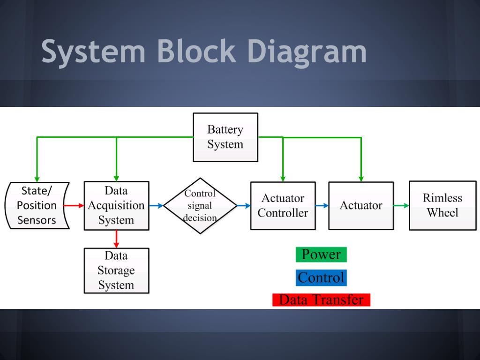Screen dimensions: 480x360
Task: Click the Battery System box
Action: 225,137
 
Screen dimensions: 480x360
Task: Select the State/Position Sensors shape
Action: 37,205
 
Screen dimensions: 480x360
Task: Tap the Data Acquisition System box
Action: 116,205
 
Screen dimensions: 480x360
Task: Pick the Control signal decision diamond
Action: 200,206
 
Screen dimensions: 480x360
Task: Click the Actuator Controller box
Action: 283,206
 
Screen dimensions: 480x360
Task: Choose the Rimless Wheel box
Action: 442,205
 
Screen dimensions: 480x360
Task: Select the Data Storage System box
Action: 116,270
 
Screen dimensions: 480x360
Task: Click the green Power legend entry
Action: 321,255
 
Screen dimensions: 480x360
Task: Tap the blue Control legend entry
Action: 321,277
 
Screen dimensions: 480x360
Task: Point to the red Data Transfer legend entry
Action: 321,300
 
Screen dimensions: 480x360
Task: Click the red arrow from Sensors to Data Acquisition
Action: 74,205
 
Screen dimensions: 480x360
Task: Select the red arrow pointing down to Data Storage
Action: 116,239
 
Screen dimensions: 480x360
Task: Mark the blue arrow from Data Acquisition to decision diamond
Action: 157,205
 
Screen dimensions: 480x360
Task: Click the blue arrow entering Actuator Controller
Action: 244,205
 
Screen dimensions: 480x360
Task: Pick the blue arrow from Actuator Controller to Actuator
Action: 322,205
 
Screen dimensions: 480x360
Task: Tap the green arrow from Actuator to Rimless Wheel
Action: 401,205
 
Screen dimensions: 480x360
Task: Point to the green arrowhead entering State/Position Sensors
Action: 37,179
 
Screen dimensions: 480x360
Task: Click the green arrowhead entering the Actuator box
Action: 361,179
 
